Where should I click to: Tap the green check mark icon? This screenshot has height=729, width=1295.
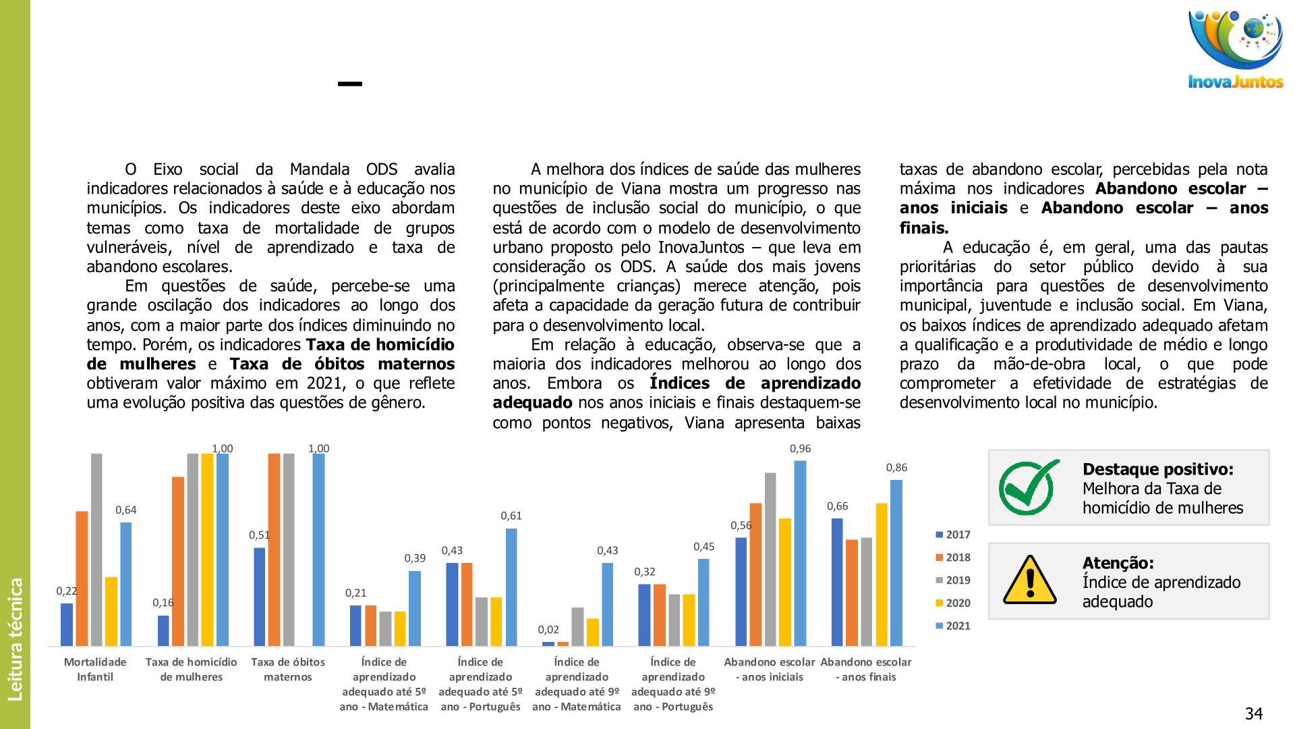1028,487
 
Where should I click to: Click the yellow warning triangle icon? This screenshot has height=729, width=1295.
1029,580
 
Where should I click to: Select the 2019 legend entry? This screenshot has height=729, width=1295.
952,580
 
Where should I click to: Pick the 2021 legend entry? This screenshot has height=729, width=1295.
952,626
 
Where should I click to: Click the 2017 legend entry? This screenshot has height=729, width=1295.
952,535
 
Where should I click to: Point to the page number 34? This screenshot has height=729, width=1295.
1253,713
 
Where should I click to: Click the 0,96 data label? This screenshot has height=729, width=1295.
800,449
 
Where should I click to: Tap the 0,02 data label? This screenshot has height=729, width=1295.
548,630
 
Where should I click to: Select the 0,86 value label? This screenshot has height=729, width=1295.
896,468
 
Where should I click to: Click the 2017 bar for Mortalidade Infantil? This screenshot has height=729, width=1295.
67,624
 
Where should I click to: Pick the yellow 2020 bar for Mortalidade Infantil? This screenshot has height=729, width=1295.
111,611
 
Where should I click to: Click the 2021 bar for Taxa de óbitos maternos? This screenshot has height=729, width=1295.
318,549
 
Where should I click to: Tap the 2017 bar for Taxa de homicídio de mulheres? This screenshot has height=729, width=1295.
163,630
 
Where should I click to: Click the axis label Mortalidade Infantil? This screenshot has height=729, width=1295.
95,670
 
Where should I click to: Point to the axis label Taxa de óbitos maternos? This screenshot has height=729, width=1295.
288,670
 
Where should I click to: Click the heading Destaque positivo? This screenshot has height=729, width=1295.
1157,469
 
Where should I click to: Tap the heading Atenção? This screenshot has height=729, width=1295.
1118,563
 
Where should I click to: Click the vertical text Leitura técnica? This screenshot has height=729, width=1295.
16,639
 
